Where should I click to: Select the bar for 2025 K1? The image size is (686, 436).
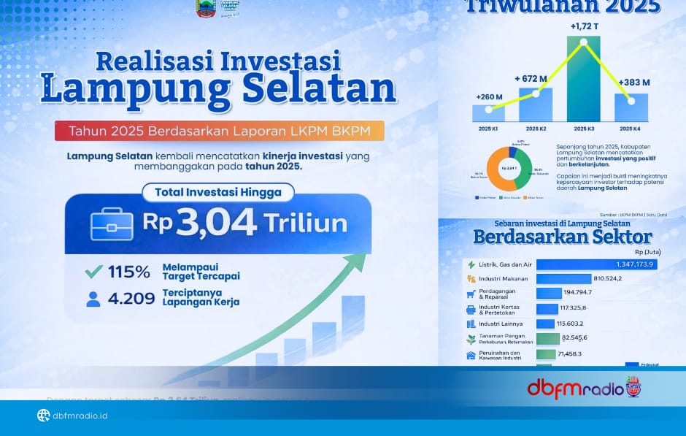point(487,113)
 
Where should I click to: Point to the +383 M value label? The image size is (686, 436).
point(633,83)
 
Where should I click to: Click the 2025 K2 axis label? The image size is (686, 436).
point(535,129)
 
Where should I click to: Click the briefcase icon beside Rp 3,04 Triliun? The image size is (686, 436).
point(112,223)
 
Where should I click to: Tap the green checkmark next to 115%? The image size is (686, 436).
point(93,272)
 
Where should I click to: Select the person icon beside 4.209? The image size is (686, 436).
point(93,299)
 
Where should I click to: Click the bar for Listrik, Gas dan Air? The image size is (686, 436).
point(596,264)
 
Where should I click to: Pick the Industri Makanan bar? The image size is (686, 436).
point(563,278)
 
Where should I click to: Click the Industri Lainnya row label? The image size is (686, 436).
point(499,324)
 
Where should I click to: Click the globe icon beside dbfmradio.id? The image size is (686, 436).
point(43,416)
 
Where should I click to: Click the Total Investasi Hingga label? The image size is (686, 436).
point(217,193)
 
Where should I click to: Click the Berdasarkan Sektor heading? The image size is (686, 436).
point(562,237)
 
